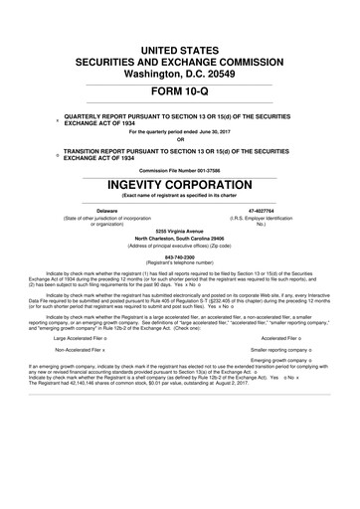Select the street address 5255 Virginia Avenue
(179, 231)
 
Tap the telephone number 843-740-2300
(179, 255)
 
